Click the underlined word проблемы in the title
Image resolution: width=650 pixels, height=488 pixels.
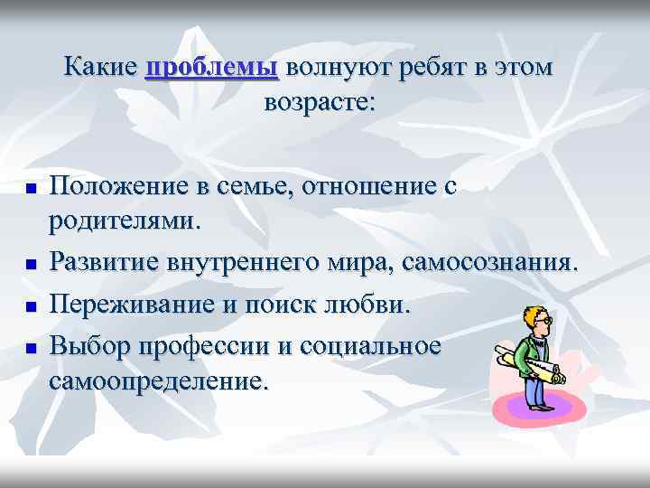click(x=211, y=69)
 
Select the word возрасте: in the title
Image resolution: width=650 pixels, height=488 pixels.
click(x=319, y=102)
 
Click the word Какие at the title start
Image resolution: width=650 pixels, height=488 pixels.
click(x=100, y=69)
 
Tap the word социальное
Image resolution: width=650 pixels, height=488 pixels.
click(x=369, y=346)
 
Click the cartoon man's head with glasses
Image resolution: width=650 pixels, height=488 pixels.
click(x=539, y=321)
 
